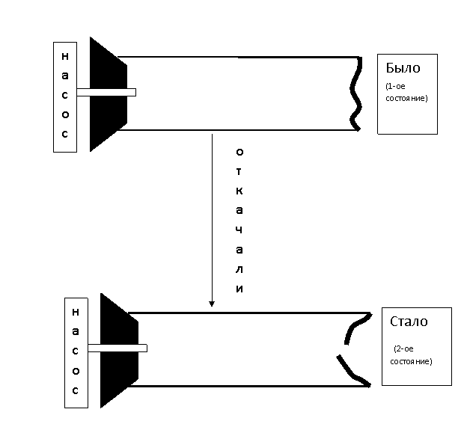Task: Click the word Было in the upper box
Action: click(403, 68)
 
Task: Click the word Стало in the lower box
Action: click(409, 322)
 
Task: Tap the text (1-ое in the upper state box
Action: click(395, 86)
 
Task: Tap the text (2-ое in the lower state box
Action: click(403, 348)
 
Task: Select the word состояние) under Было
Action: click(406, 98)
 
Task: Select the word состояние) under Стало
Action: click(411, 361)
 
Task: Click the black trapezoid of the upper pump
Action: click(109, 94)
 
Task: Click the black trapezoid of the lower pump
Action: click(119, 350)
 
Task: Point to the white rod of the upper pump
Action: click(106, 92)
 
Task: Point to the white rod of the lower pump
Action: click(117, 348)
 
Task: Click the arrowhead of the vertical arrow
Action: click(212, 304)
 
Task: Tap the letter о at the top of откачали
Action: click(239, 152)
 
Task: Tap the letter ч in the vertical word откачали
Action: click(239, 230)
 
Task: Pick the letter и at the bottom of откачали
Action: click(239, 289)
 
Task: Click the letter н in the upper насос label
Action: click(65, 56)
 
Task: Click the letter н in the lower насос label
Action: click(76, 312)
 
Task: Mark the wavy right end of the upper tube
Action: click(355, 93)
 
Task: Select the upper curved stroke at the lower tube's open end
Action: click(357, 328)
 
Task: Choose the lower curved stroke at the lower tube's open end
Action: click(353, 372)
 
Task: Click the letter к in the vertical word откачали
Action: click(239, 191)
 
